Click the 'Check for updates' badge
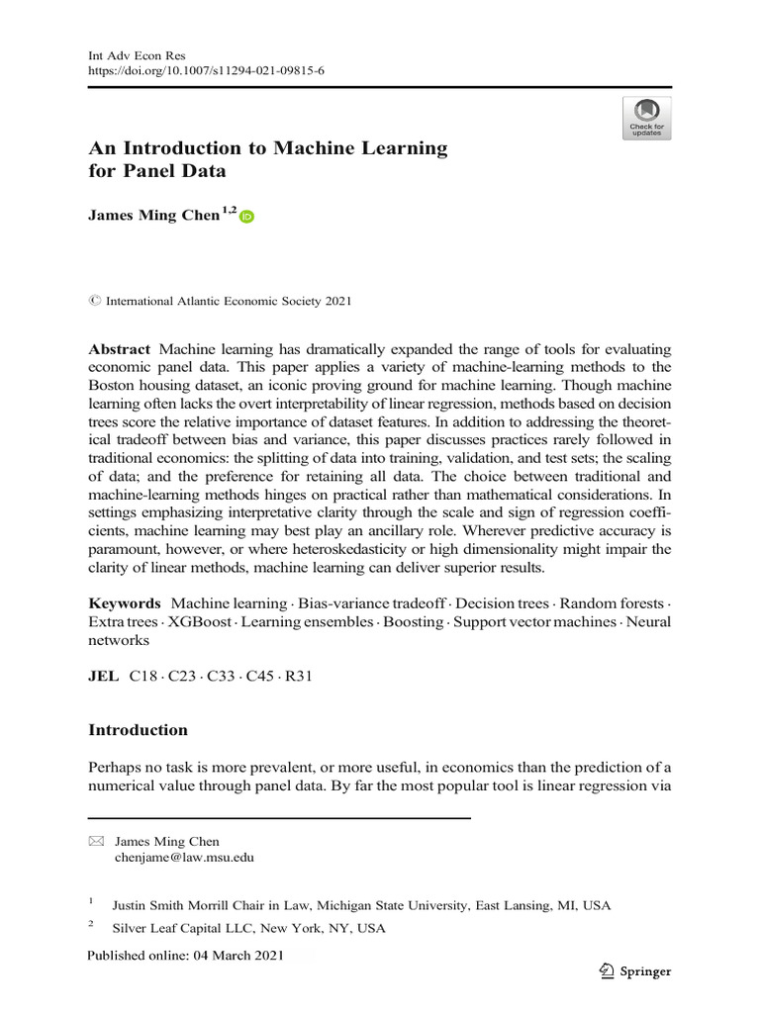646,118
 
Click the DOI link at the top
207,72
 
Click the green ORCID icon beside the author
246,217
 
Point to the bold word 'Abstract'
120,349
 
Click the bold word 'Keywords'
125,602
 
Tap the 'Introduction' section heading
138,730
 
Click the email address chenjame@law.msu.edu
184,858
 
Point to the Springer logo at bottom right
634,970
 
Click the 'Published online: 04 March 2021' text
186,956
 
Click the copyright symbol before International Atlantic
94,301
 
